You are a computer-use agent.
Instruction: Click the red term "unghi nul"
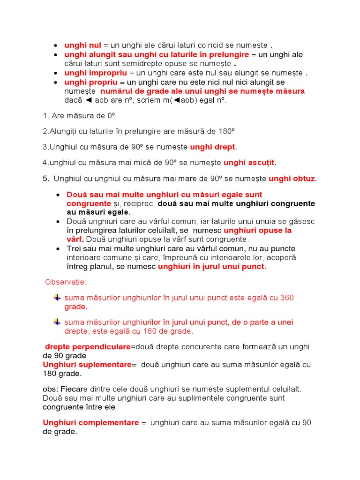click(x=82, y=45)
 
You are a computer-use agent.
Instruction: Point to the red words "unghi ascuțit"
click(x=249, y=163)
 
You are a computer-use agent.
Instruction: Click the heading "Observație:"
click(x=66, y=282)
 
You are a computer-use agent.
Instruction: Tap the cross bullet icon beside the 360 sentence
click(x=57, y=298)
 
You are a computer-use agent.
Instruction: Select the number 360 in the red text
click(x=287, y=298)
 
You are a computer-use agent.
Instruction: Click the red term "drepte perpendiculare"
click(x=88, y=347)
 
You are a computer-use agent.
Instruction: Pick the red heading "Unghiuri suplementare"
click(x=87, y=365)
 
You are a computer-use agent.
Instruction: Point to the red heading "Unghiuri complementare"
click(x=91, y=423)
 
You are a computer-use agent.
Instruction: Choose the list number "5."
click(x=46, y=179)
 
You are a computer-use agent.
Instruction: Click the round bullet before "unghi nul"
click(x=55, y=46)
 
